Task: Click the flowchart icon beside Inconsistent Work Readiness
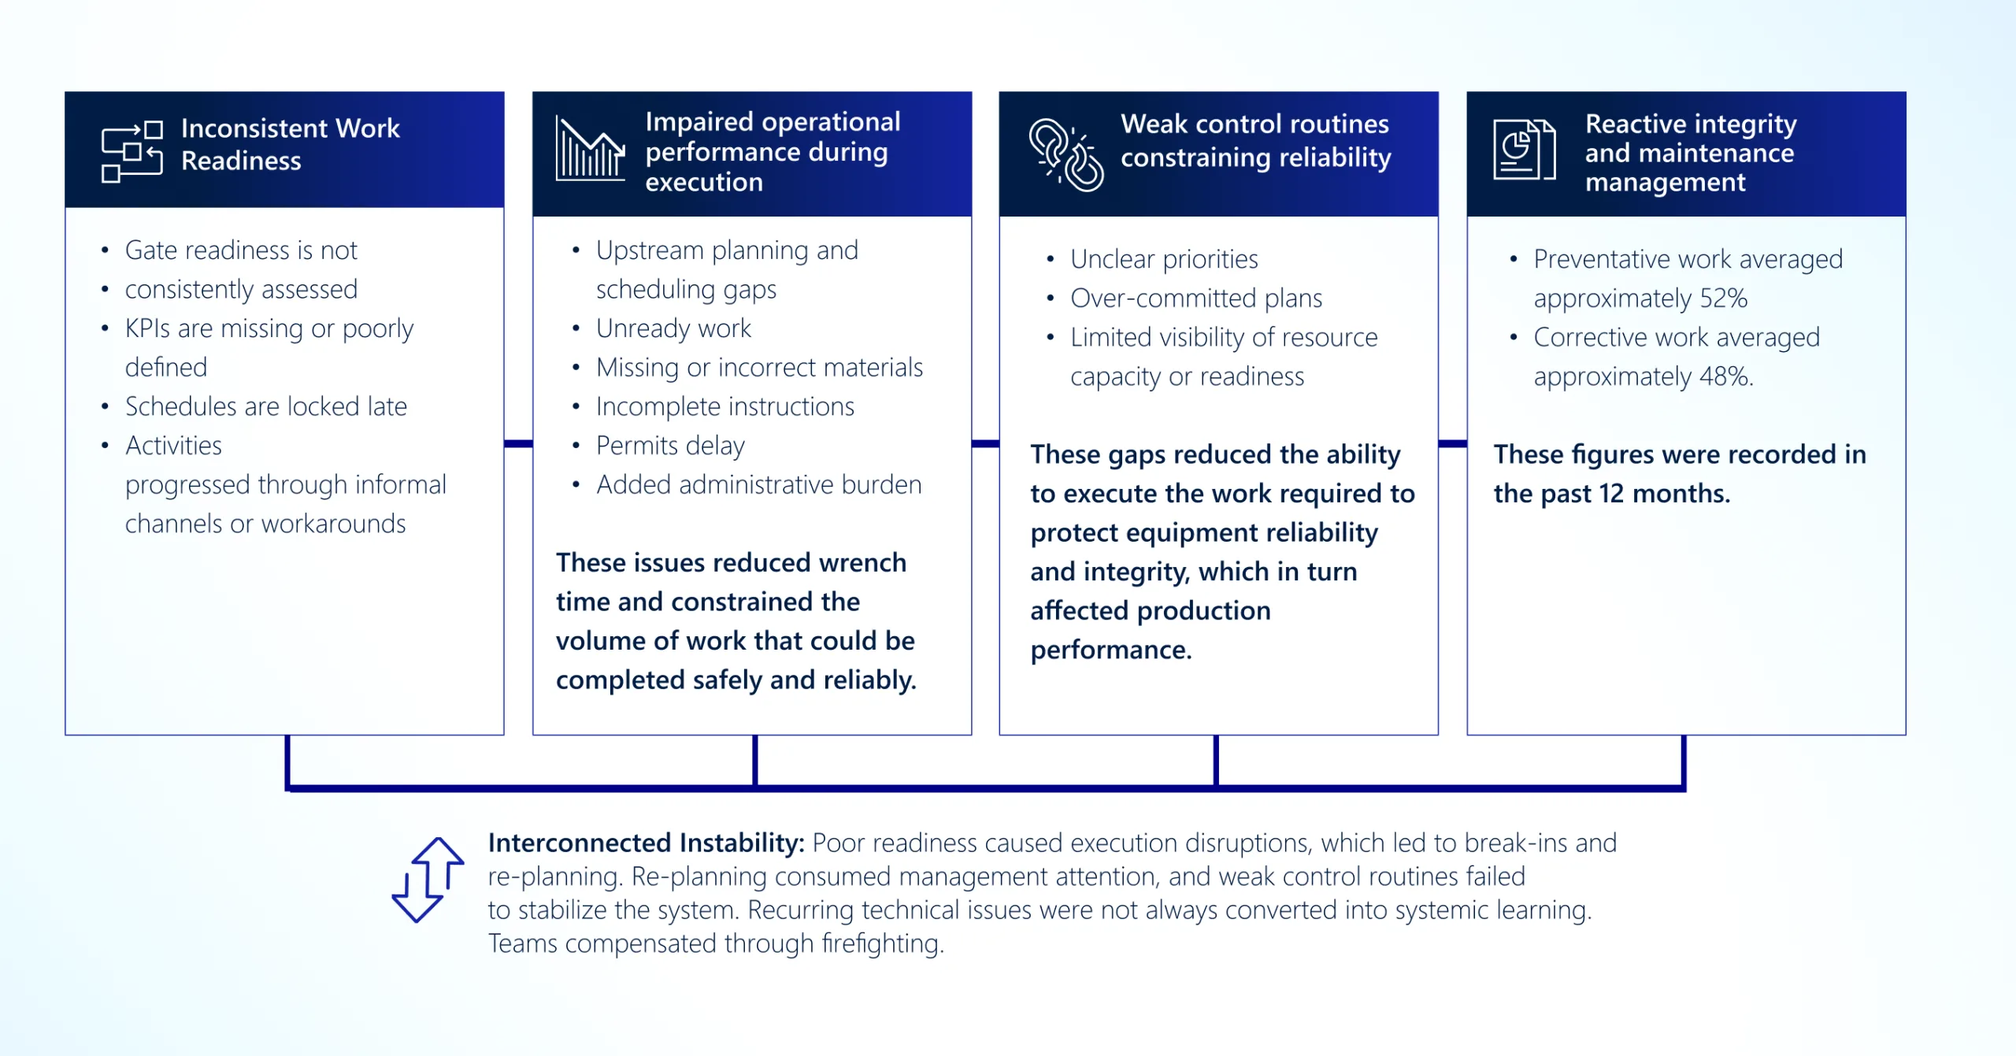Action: click(132, 151)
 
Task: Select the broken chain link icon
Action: click(1065, 154)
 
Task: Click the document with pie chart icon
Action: click(1525, 149)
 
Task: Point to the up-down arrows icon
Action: click(428, 880)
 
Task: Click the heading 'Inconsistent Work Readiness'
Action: click(290, 144)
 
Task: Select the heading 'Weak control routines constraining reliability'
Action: click(1255, 140)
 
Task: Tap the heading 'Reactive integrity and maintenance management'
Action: click(1691, 152)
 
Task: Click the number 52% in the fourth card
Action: click(1723, 298)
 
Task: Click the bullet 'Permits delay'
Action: click(670, 446)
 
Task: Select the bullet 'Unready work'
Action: click(673, 328)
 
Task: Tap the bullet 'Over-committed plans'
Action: click(1196, 298)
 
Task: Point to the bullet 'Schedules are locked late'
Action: click(266, 406)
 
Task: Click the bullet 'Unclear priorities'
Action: click(1164, 259)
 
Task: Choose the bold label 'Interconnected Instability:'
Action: click(646, 843)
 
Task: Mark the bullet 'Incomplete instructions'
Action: click(724, 406)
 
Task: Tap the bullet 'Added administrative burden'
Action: click(758, 484)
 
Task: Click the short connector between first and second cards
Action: click(518, 443)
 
